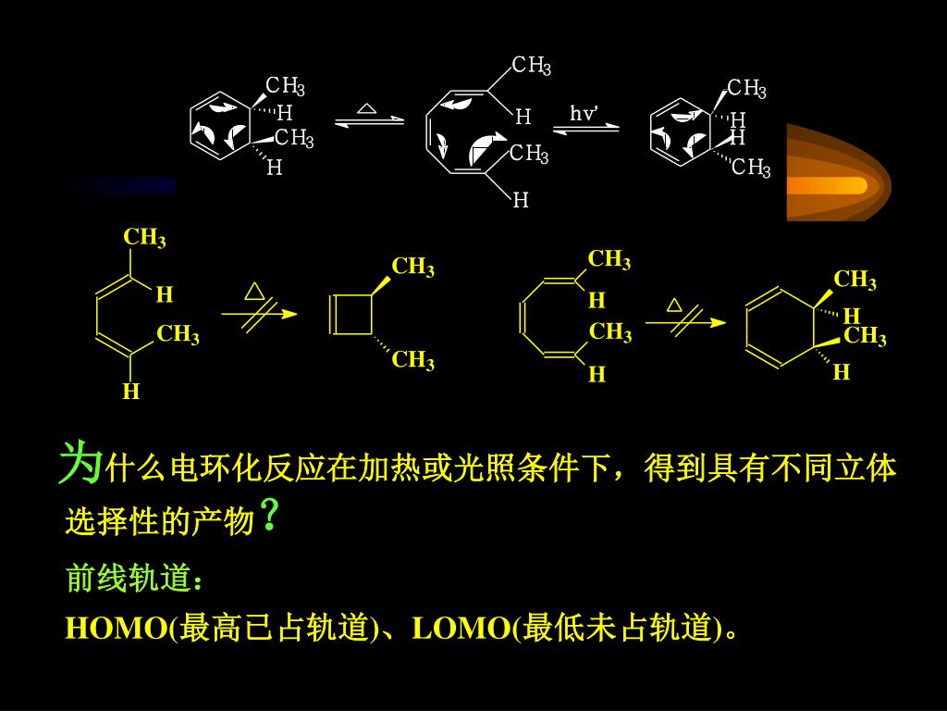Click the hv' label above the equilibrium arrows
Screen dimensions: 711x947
point(584,114)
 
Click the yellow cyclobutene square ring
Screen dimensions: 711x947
point(352,315)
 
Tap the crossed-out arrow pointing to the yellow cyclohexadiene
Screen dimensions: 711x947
point(684,322)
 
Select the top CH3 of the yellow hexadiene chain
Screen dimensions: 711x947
point(144,238)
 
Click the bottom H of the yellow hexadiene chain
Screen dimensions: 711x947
point(131,393)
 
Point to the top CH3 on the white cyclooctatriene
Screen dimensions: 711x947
point(532,66)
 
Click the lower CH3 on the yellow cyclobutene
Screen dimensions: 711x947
point(412,359)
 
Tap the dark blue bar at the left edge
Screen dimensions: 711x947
point(120,185)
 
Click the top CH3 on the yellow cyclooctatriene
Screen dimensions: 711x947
point(609,260)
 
